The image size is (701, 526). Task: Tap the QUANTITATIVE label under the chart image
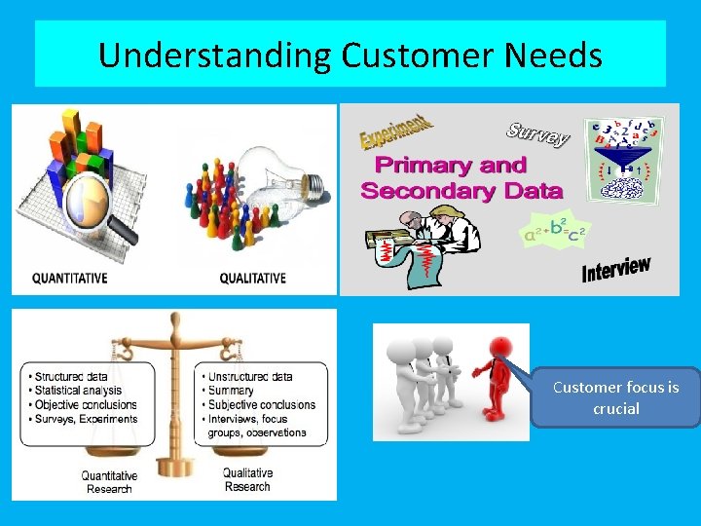tap(70, 279)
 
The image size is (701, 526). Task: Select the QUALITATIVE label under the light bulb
tap(253, 279)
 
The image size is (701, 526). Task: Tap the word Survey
tap(537, 135)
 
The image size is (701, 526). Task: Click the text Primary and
tap(451, 166)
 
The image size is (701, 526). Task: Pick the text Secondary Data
tap(461, 190)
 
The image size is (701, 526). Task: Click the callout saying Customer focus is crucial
tap(615, 398)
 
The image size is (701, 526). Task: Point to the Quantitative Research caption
tap(109, 482)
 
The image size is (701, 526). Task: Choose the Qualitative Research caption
tap(247, 480)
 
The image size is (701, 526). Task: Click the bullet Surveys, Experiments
tap(85, 419)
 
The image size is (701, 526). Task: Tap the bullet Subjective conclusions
tap(261, 404)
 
